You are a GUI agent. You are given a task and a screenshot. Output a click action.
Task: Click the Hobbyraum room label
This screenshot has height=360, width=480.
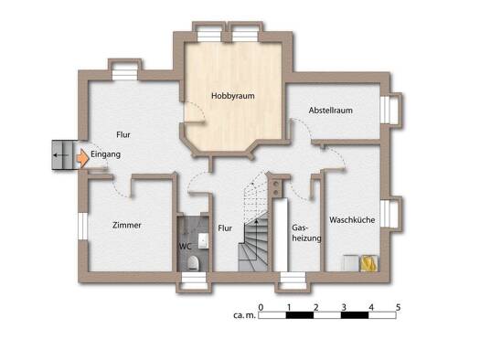[x=232, y=96]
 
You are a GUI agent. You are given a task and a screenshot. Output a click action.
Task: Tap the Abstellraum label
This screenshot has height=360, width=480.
[x=331, y=111]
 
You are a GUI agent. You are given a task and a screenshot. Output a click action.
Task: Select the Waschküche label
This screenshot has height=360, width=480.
[x=352, y=220]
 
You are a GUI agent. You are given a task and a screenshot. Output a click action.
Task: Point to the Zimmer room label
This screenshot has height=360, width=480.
[x=127, y=226]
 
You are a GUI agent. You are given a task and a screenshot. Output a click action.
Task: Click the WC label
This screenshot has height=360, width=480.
[x=186, y=246]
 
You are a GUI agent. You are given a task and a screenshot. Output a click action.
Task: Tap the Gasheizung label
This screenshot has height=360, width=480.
[x=306, y=233]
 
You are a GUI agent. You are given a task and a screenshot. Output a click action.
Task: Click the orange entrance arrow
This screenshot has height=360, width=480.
[x=82, y=158]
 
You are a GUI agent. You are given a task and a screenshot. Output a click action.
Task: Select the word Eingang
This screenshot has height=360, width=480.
[x=106, y=154]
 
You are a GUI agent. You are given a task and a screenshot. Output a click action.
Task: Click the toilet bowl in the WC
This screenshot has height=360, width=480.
[x=193, y=263]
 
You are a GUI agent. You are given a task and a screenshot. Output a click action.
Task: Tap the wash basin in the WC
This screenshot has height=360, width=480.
[x=203, y=241]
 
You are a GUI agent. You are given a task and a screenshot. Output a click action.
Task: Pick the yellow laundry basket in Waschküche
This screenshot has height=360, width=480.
[x=368, y=263]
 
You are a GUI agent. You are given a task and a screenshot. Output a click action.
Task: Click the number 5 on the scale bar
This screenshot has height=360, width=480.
[x=398, y=307]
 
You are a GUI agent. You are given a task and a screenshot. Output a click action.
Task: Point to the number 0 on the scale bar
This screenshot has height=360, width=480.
[x=261, y=307]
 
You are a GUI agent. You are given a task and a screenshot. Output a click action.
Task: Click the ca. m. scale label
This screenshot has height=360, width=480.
[x=244, y=315]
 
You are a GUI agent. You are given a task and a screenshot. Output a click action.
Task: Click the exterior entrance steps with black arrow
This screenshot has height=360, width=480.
[x=63, y=155]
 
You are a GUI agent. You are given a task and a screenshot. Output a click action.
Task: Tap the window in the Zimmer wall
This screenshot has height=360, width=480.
[x=82, y=226]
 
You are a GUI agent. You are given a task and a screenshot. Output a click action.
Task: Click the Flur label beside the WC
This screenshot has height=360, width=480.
[x=225, y=228]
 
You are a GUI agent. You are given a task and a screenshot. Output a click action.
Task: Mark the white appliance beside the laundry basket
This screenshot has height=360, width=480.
[x=351, y=263]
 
